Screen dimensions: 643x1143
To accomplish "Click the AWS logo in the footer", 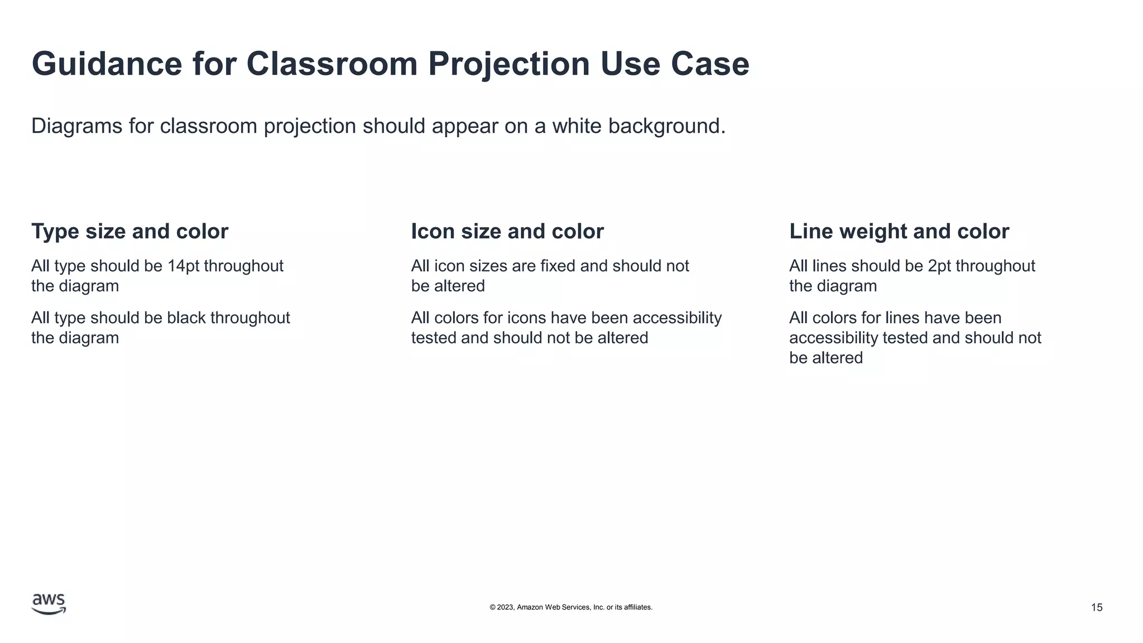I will [49, 604].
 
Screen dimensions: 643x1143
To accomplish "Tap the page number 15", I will [1096, 607].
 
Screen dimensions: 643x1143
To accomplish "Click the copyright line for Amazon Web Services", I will [570, 607].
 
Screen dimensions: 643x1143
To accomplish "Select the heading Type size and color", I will [129, 231].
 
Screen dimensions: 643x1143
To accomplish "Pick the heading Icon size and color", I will [507, 231].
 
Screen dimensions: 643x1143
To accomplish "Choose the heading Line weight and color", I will [899, 231].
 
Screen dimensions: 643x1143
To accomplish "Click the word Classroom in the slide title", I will [332, 64].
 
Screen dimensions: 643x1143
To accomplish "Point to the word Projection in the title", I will [508, 64].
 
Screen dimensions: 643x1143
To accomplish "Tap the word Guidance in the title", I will [107, 64].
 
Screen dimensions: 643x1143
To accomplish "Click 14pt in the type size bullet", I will [183, 266].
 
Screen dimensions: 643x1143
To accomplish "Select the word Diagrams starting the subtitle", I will [76, 126].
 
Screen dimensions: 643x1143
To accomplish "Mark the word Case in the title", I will [709, 64].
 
